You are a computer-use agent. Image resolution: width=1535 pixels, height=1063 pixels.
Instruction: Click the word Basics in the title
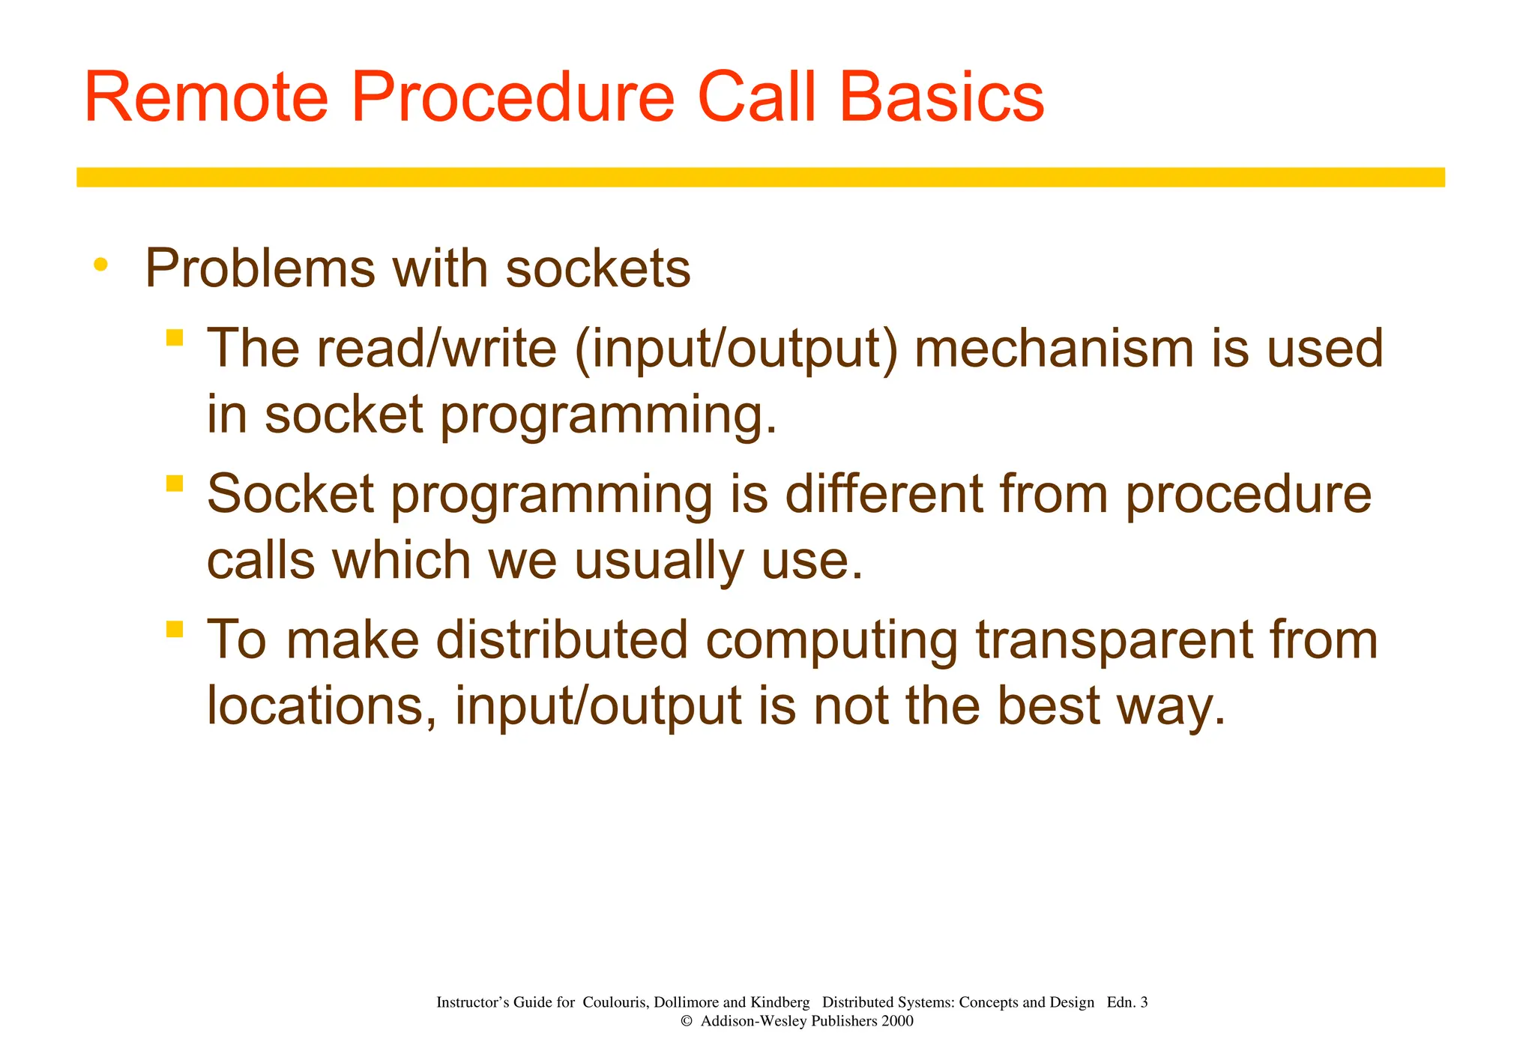941,97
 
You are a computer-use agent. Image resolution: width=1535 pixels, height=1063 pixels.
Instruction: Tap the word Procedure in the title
513,99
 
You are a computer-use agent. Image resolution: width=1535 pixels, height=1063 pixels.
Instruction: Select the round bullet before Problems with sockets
100,265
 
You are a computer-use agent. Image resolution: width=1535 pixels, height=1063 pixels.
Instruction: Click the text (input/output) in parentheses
735,349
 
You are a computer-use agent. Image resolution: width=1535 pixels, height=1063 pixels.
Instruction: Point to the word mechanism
1054,349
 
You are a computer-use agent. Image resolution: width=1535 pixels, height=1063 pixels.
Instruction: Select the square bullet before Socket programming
175,483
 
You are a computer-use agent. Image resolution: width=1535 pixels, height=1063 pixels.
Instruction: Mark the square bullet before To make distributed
175,628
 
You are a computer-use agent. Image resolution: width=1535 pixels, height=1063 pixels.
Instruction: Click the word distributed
561,640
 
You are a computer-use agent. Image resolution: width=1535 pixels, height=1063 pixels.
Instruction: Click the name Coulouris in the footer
615,1002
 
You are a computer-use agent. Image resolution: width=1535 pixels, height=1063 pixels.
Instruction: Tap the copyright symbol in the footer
685,1022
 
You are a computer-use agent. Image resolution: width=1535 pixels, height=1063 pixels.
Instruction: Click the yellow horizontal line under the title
760,177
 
